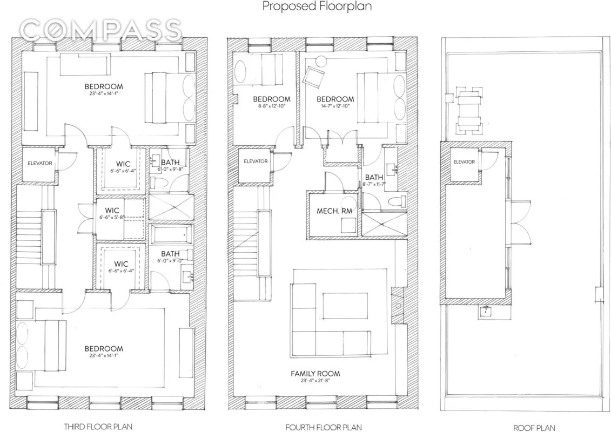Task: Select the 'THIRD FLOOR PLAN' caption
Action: point(98,427)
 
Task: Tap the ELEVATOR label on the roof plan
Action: point(464,162)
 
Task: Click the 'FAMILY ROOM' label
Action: point(315,374)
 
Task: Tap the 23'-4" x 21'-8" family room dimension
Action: point(315,381)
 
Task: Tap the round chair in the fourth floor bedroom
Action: point(321,62)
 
